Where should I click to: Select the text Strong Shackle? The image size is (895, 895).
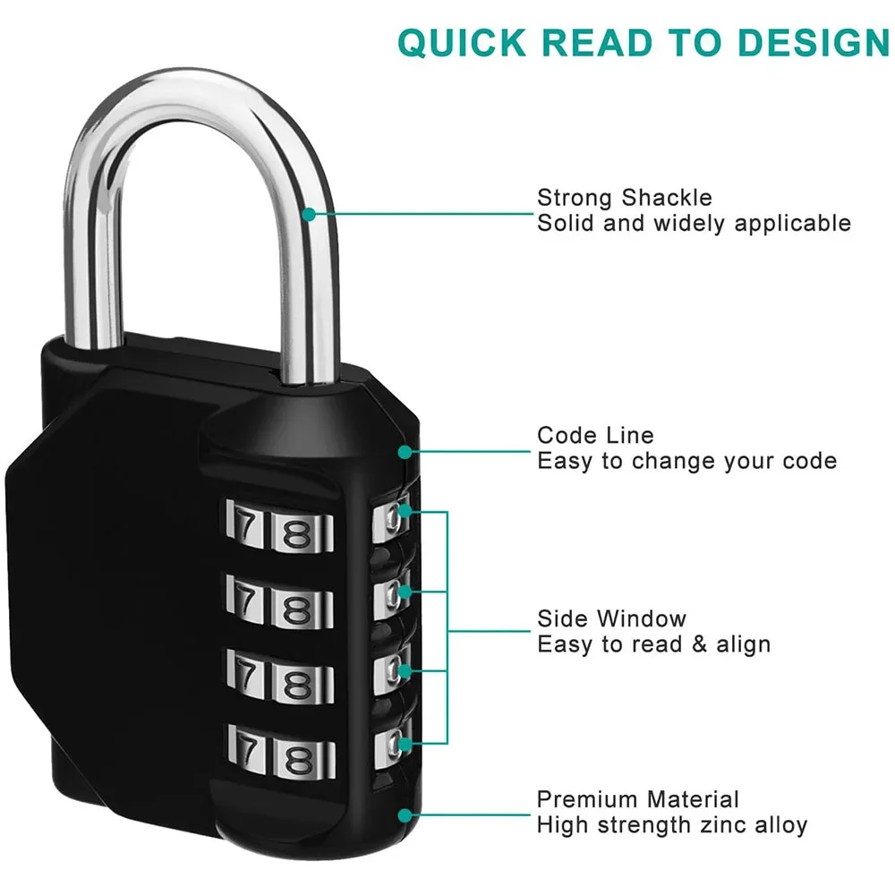point(625,198)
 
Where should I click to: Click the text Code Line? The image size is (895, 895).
point(595,436)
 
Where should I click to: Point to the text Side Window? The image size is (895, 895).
point(612,618)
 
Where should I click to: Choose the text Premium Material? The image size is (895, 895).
point(638,799)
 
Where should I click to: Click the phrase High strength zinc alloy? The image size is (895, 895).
point(672,825)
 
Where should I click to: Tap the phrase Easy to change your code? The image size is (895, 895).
point(686,462)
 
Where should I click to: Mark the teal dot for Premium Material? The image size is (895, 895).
point(405,814)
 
